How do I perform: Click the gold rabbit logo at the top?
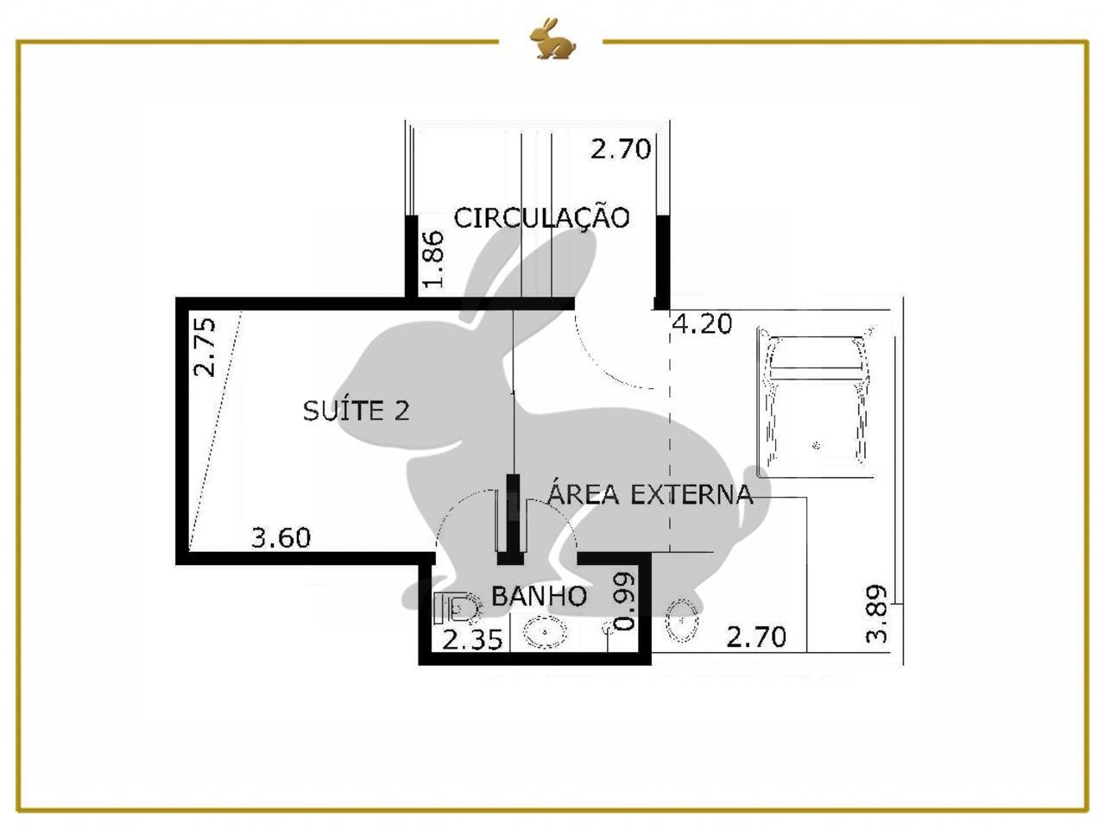tap(552, 38)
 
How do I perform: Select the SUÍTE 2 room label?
tap(356, 411)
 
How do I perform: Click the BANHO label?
tap(539, 596)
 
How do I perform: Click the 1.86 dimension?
tap(433, 260)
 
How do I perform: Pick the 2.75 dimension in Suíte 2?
tap(205, 348)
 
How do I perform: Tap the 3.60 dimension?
tap(281, 537)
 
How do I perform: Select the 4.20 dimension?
tap(702, 324)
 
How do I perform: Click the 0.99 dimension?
tap(624, 601)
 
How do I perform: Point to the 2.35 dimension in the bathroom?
tap(472, 639)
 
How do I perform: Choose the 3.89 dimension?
tap(876, 614)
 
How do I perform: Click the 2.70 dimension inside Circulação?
tap(620, 149)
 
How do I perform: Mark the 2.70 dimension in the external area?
tap(756, 637)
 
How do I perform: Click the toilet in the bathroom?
tap(456, 608)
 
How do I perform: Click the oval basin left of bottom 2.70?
tap(682, 620)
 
